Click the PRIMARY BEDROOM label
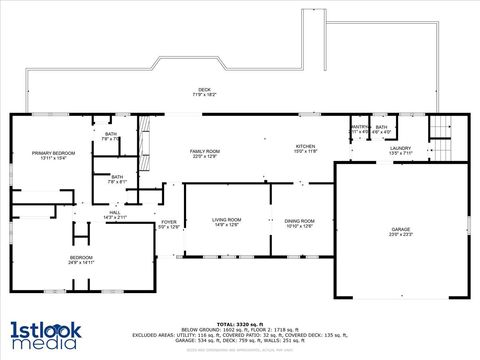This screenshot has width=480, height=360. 39,152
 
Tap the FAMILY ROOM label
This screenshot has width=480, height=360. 205,151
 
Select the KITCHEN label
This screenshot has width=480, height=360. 305,145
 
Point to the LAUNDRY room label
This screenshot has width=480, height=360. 399,148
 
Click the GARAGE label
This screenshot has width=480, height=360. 400,230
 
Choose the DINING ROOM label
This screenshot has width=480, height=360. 300,220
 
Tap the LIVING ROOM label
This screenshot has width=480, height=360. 227,220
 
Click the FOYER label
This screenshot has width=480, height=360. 169,222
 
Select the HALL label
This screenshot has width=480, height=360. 115,212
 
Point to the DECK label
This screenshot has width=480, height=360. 204,90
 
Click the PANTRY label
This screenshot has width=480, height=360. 359,127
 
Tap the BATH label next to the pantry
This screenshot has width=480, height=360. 381,127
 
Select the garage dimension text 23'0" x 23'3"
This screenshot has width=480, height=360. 400,236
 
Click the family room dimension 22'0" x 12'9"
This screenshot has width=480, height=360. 205,157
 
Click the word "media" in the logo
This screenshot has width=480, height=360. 43,343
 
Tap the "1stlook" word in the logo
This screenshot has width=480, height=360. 43,328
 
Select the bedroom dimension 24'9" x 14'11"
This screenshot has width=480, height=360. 81,263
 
